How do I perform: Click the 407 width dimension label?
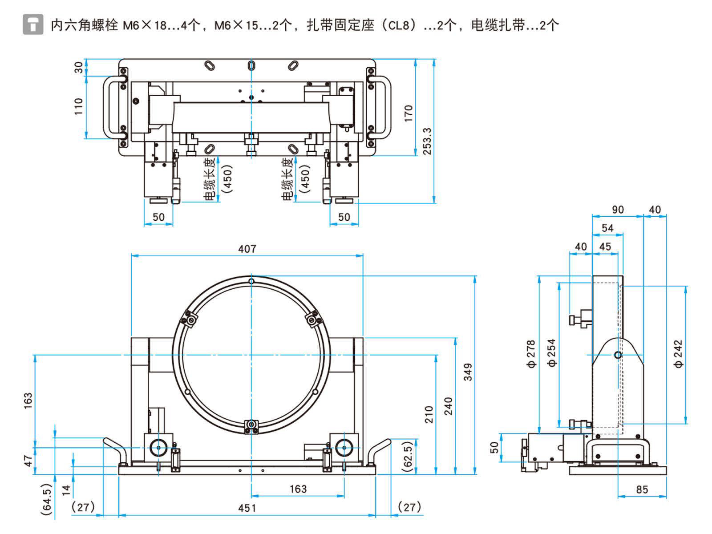[x=247, y=249]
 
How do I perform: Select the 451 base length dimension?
[x=247, y=508]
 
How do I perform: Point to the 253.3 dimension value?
[x=427, y=141]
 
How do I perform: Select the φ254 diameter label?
[x=552, y=353]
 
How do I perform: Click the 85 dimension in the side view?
[x=642, y=489]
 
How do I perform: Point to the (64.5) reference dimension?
[x=47, y=499]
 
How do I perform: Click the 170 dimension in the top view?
[x=409, y=113]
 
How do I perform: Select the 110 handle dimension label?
[x=78, y=107]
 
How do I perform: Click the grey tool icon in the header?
[x=33, y=24]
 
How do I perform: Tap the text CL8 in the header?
[x=398, y=25]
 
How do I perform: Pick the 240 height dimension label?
[x=448, y=406]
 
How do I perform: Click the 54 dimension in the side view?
[x=607, y=228]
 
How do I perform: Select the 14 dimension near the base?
[x=66, y=490]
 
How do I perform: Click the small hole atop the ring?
[x=251, y=281]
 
